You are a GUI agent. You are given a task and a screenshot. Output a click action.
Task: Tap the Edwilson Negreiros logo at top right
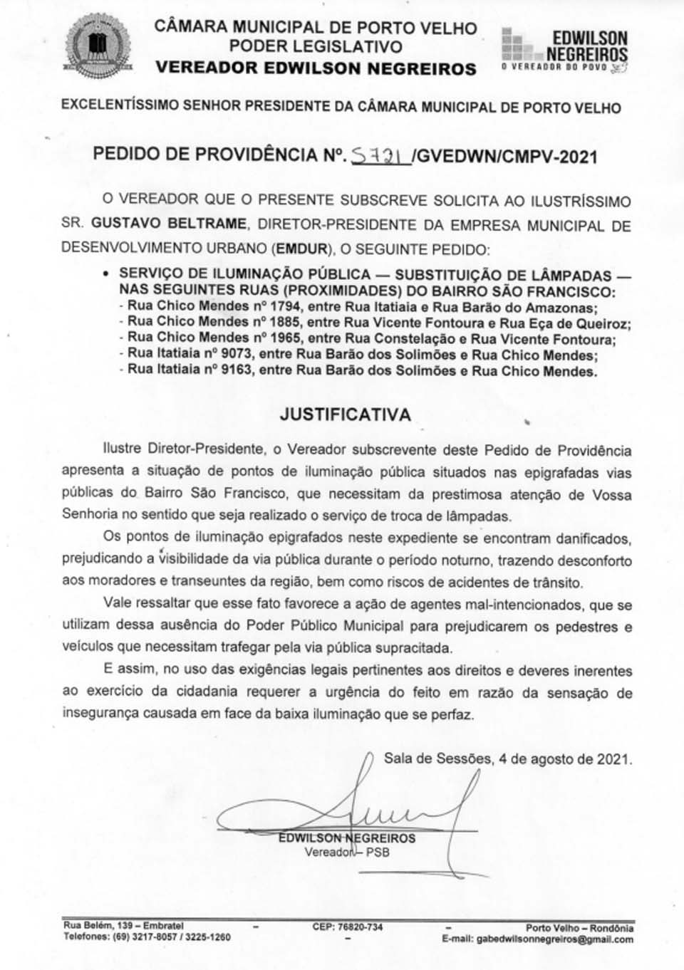[565, 49]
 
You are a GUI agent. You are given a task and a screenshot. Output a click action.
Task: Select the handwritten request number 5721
[380, 155]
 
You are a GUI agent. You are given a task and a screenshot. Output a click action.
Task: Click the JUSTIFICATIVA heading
[346, 415]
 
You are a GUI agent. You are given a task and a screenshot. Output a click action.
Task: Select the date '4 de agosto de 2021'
[565, 758]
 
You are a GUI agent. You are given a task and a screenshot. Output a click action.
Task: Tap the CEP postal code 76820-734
[347, 927]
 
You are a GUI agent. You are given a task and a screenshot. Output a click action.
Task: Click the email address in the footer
[554, 939]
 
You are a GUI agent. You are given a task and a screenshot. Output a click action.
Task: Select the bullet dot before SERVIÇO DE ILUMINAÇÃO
[106, 274]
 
